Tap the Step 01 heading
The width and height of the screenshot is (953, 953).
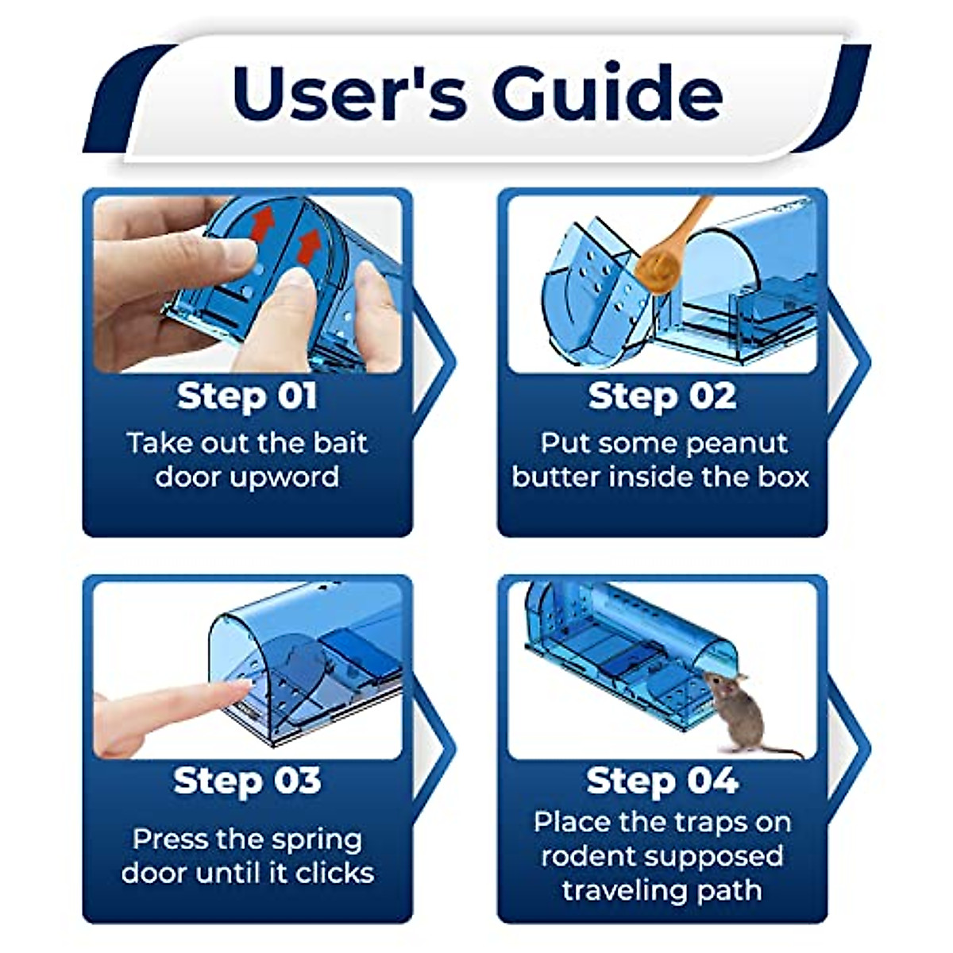[246, 395]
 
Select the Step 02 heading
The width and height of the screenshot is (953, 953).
[662, 395]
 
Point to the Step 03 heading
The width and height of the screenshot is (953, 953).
[246, 781]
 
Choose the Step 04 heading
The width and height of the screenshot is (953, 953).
[662, 781]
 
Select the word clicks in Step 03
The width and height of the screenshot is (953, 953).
[334, 873]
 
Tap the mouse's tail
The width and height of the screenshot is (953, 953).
[782, 750]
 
